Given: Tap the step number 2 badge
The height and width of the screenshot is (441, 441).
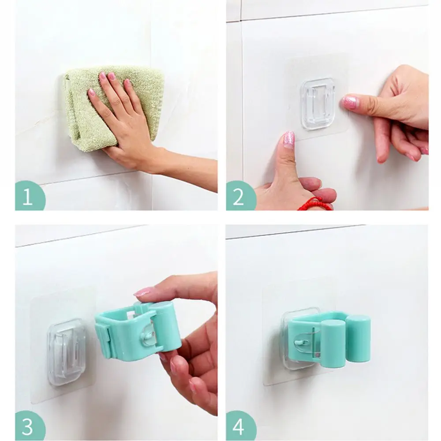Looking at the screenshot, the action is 239,196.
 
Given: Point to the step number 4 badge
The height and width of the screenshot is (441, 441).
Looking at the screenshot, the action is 239,426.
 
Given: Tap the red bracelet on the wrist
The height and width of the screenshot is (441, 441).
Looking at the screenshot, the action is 315,204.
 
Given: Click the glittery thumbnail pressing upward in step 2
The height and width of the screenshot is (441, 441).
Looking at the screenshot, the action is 289,140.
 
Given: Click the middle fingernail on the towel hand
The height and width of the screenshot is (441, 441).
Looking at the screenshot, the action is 112,76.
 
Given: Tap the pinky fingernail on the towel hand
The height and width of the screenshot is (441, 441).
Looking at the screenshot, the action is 91,93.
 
